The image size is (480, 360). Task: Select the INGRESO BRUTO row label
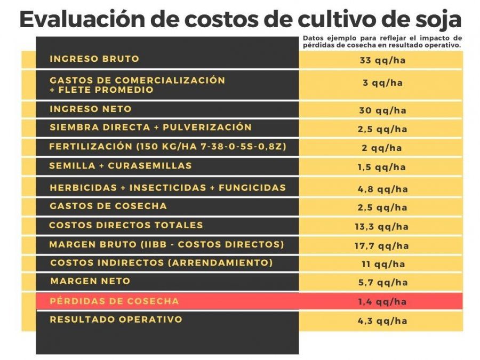coord(94,59)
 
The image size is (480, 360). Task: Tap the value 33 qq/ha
coord(382,60)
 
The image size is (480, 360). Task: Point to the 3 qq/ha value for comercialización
coord(382,83)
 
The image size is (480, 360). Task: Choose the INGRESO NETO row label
coord(91,109)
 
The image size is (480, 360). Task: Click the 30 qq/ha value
coord(382,111)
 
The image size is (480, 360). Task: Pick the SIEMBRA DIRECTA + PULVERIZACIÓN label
coord(150,127)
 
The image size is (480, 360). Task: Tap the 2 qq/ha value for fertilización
coord(382,148)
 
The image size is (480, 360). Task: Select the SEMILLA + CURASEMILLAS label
coord(121,166)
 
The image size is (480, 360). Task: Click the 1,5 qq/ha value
coord(382,167)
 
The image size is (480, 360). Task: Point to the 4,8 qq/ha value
coord(382,189)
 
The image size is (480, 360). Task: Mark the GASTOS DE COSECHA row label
coord(108,206)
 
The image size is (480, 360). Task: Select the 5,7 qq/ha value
coord(382,283)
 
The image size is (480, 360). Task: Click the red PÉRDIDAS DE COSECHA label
coord(115,301)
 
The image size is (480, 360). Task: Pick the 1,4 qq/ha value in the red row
coord(382,302)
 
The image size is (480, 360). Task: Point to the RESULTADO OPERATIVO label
coord(116,319)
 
